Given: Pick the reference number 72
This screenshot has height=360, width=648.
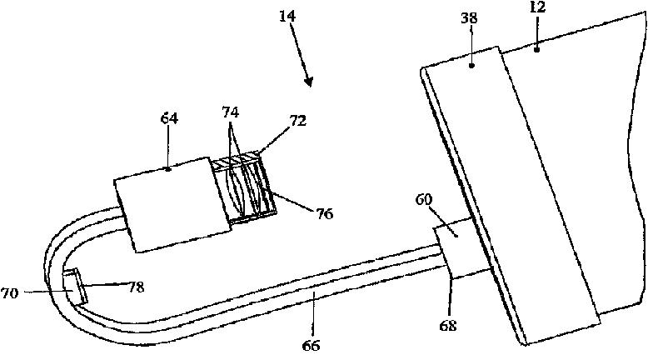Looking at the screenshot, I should point(276,121).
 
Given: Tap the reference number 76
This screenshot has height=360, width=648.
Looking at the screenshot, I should point(324,214).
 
